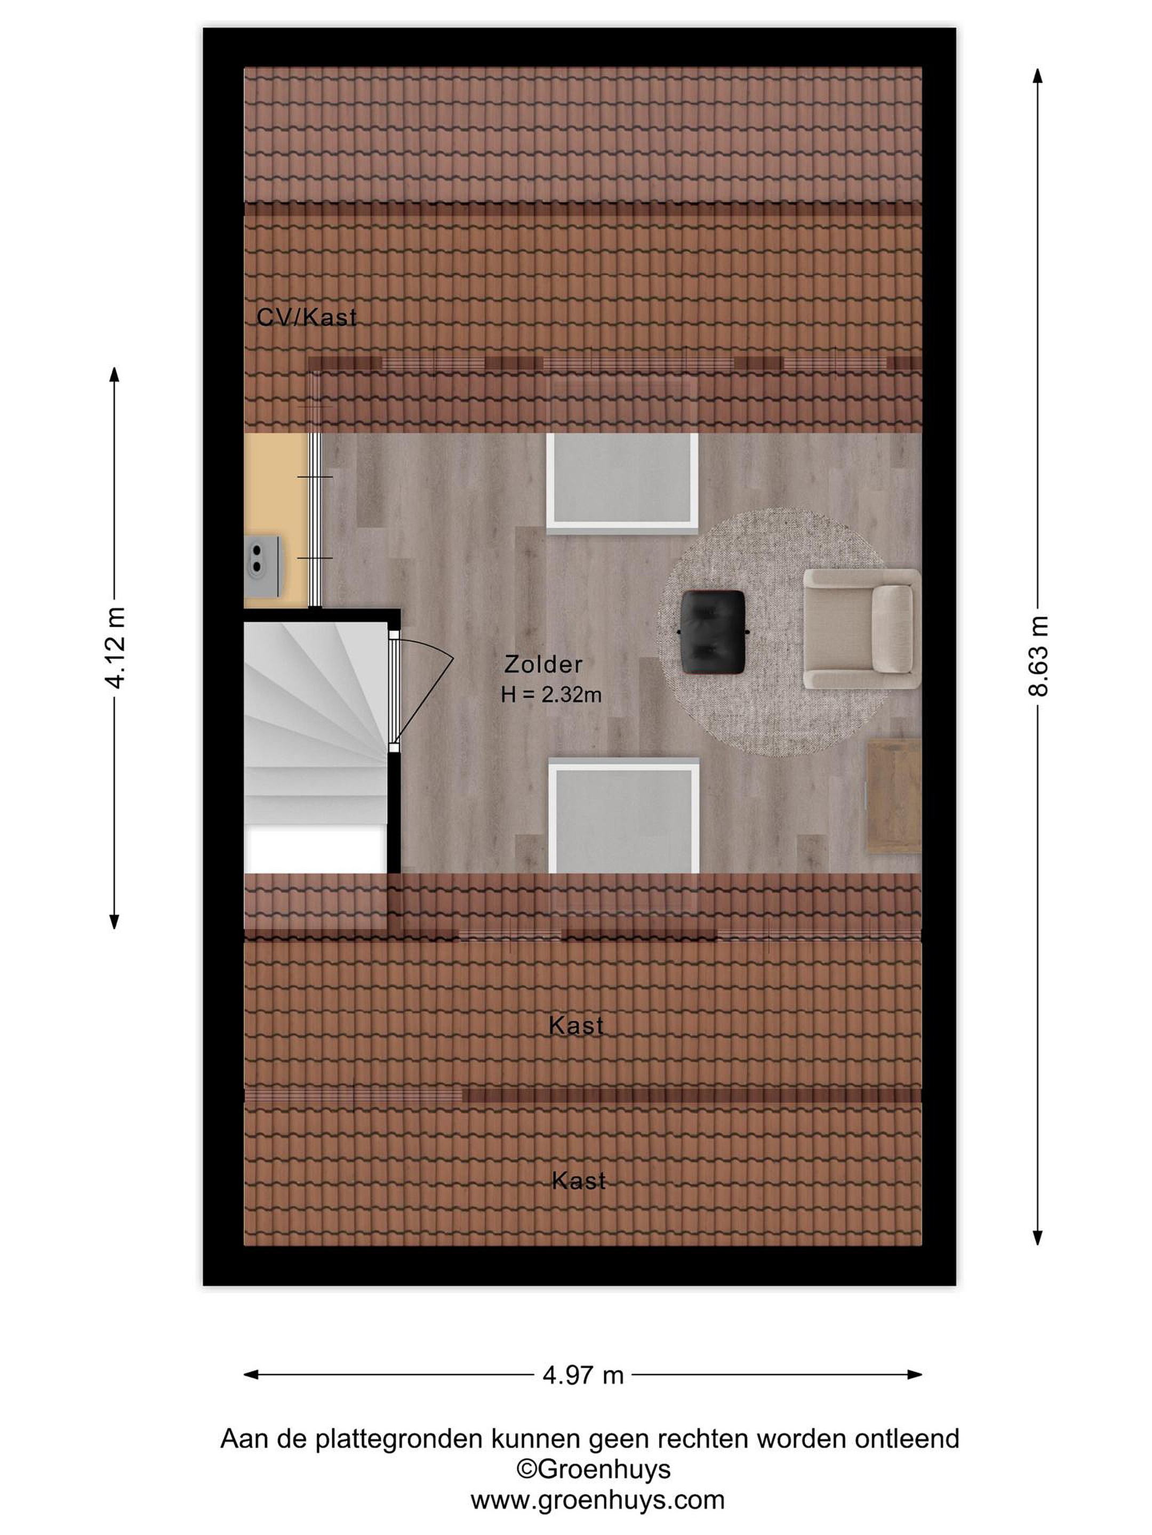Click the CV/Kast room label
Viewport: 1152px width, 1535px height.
pyautogui.click(x=306, y=317)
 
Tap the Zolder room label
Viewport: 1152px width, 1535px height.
pyautogui.click(x=543, y=664)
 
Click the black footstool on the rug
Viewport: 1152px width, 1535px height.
pyautogui.click(x=713, y=632)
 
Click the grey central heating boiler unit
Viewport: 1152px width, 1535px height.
pyautogui.click(x=263, y=565)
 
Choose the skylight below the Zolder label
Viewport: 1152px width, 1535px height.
pyautogui.click(x=623, y=816)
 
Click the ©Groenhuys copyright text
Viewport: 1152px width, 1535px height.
pyautogui.click(x=593, y=1468)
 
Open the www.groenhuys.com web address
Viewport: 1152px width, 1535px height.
pyautogui.click(x=597, y=1500)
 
